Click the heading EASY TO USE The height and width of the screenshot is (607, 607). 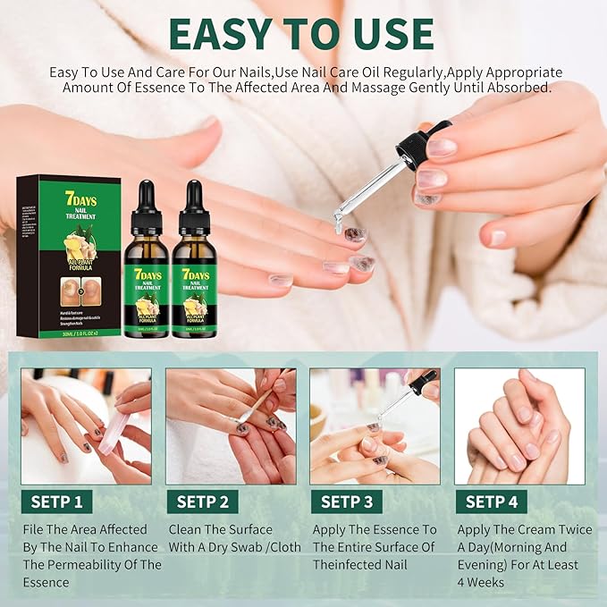(x=303, y=33)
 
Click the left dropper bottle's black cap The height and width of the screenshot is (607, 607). (x=145, y=198)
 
